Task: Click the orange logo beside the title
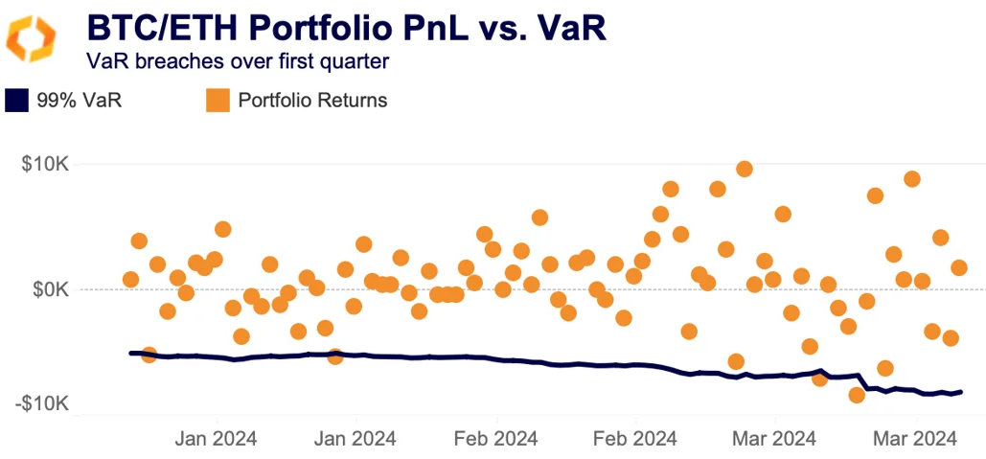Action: pos(31,39)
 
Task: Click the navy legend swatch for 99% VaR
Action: pos(16,101)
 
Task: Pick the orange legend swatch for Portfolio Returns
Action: pos(218,101)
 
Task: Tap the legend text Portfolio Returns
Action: pos(312,101)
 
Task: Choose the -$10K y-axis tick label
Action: pos(42,404)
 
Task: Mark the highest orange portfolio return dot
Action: pos(744,170)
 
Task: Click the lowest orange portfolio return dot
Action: pos(857,395)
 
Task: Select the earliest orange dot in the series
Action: pos(130,280)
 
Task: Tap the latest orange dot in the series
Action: pos(959,267)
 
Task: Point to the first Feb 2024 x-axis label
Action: pos(496,439)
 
